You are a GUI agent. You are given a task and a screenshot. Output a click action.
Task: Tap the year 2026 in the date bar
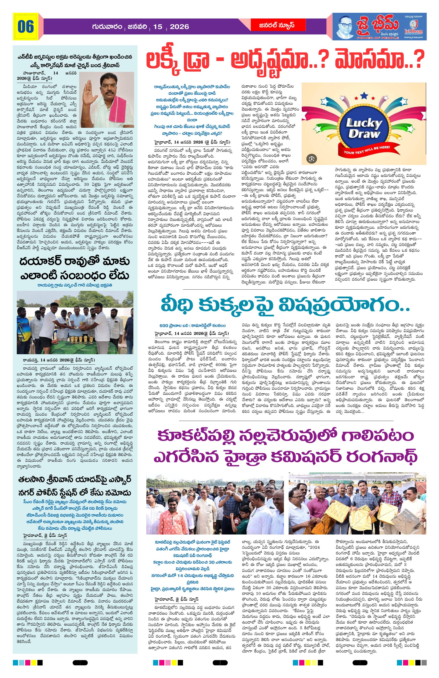pos(179,27)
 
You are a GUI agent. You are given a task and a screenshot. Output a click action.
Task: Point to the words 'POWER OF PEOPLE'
pos(378,38)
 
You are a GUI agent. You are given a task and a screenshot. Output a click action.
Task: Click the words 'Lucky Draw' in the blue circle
pos(364,128)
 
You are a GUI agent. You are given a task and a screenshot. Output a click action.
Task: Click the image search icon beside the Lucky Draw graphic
pos(312,158)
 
